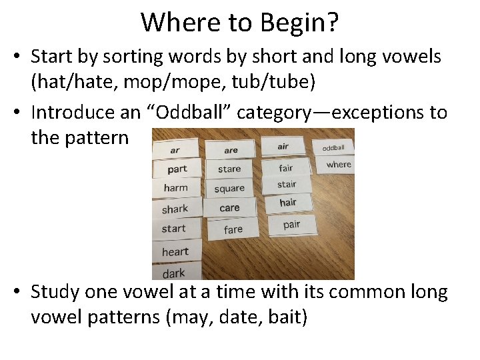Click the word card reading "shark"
coord(176,209)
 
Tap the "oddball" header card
coord(333,147)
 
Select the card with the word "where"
coord(339,164)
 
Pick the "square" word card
coord(229,189)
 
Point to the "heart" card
coord(175,251)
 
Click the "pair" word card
coord(291,225)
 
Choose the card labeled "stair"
coord(287,184)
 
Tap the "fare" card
coord(233,229)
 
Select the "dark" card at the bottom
coord(174,273)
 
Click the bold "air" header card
coord(283,146)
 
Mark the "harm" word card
coord(176,188)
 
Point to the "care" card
coord(229,208)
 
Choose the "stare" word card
coord(229,169)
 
